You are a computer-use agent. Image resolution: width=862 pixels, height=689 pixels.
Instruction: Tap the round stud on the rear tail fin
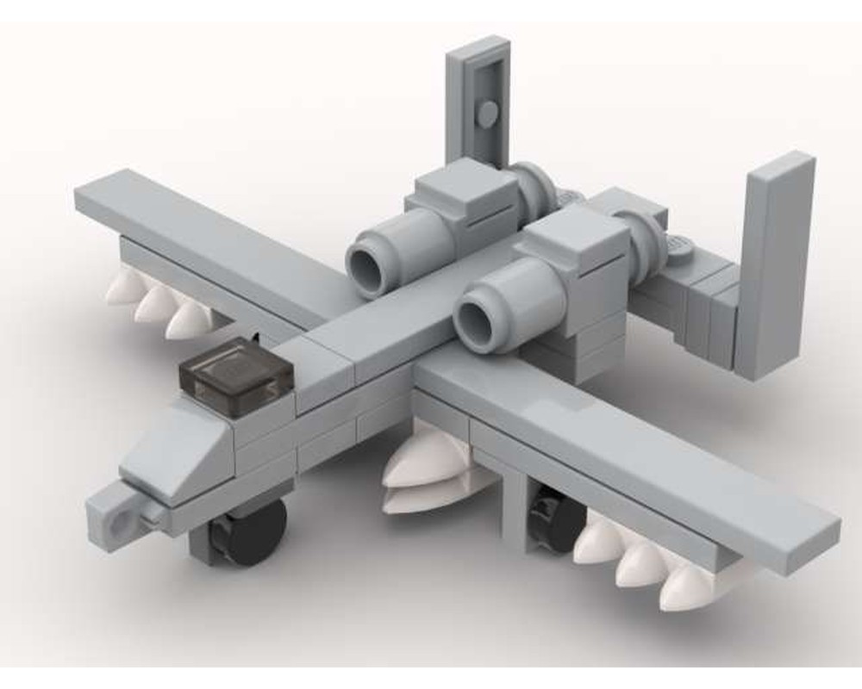tap(486, 113)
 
